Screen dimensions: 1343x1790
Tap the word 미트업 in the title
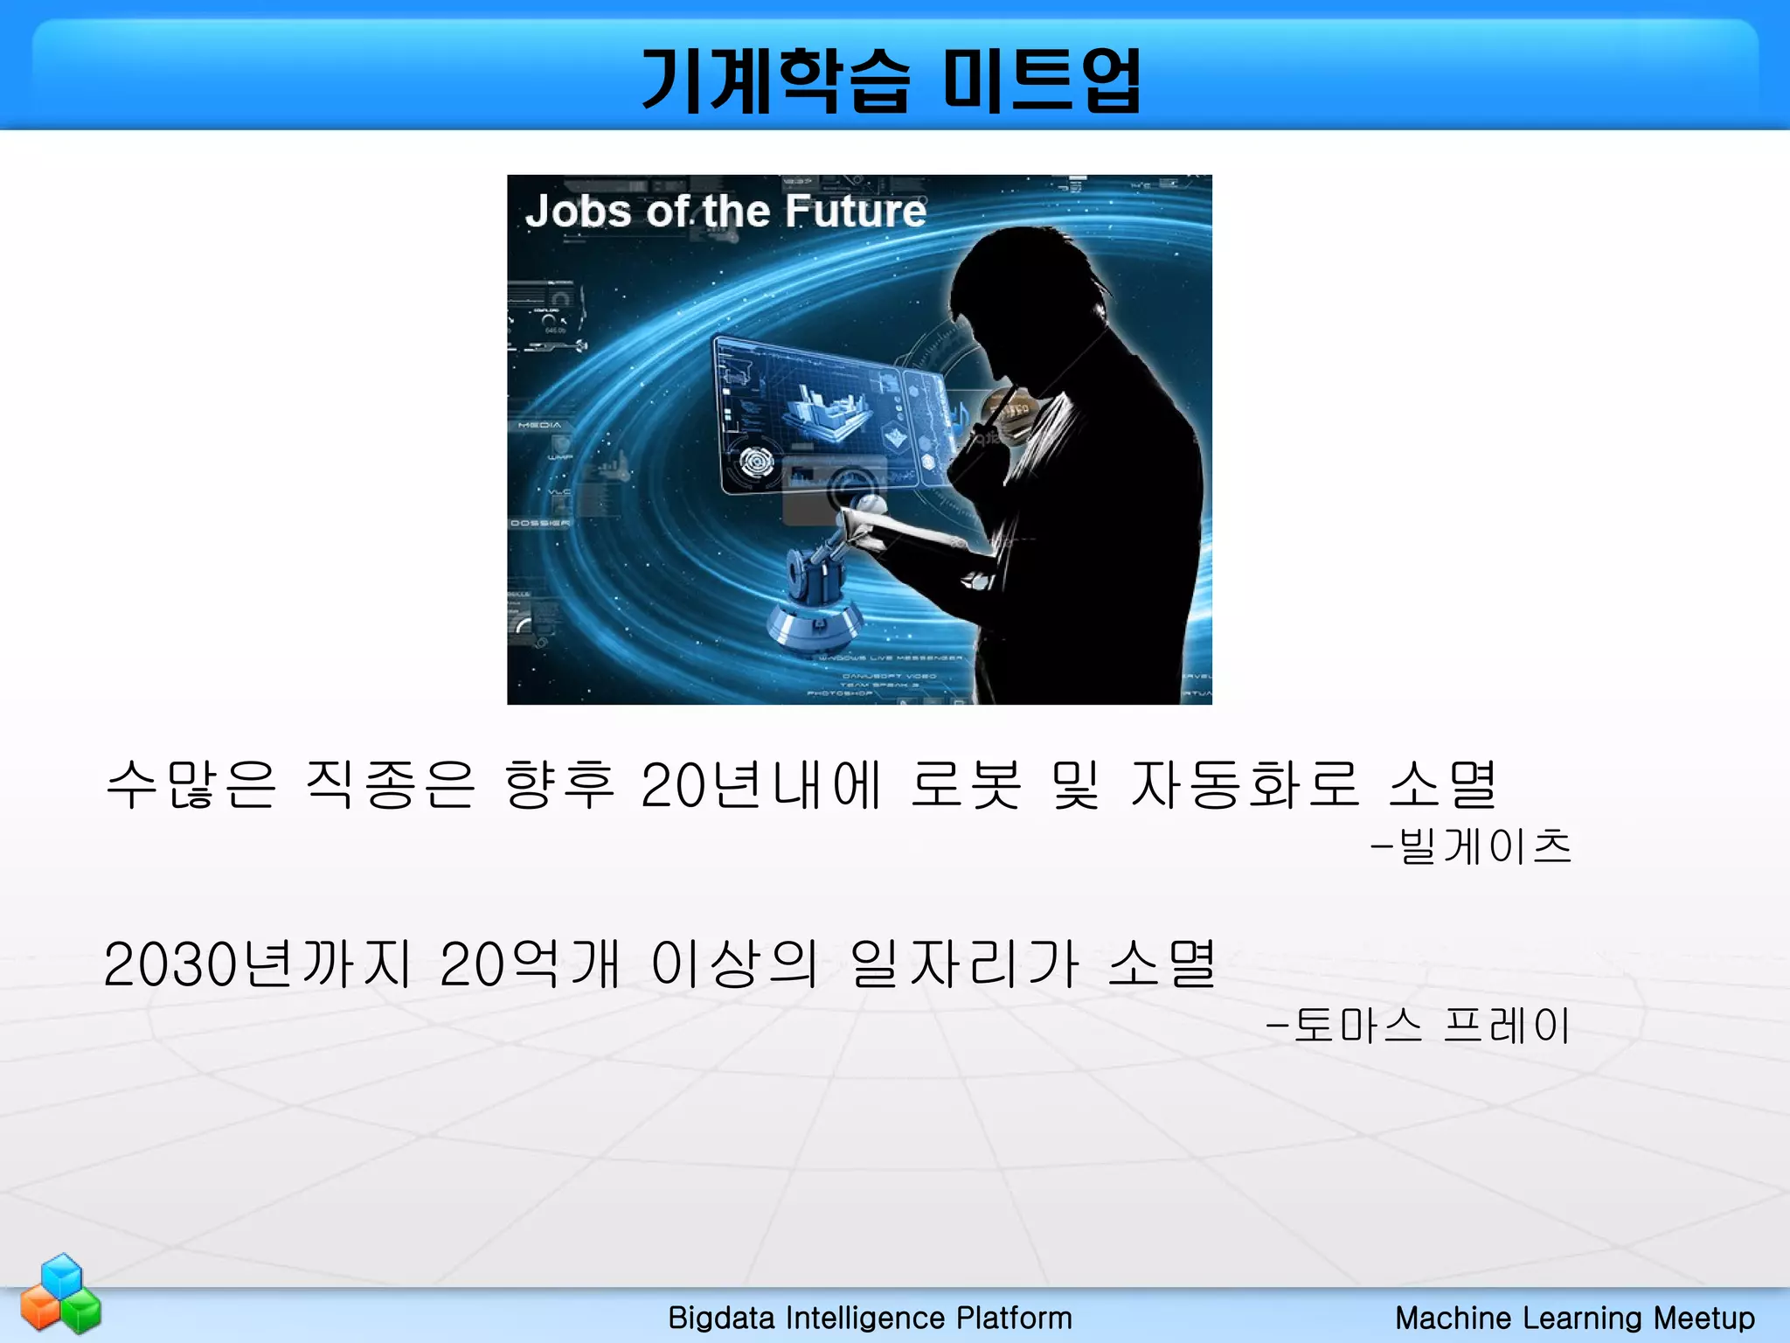pyautogui.click(x=1042, y=81)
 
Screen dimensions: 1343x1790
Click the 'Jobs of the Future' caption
pyautogui.click(x=725, y=212)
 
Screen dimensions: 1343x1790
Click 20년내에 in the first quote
pyautogui.click(x=760, y=784)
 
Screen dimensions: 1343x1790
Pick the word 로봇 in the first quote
pyautogui.click(x=965, y=784)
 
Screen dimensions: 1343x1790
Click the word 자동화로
pyautogui.click(x=1245, y=784)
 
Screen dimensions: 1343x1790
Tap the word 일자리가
pyautogui.click(x=965, y=964)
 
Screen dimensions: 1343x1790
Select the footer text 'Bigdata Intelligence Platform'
pyautogui.click(x=870, y=1318)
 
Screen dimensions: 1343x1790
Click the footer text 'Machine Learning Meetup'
pyautogui.click(x=1574, y=1318)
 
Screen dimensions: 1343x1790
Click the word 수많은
pyautogui.click(x=191, y=784)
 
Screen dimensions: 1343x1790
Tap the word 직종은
pyautogui.click(x=390, y=784)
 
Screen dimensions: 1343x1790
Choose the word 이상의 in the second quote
pyautogui.click(x=734, y=964)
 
